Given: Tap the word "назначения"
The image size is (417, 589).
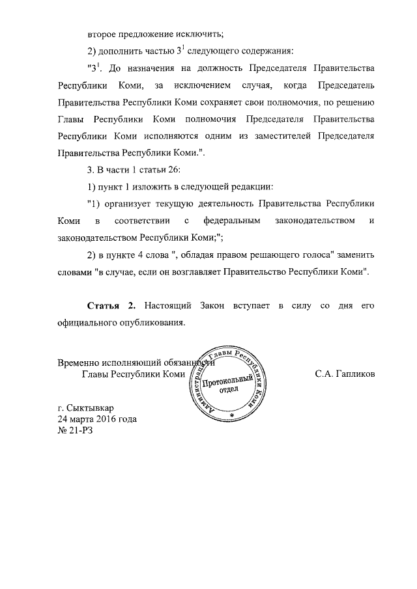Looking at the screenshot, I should (156, 68).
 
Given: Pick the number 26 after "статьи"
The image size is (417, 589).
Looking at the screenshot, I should (164, 170).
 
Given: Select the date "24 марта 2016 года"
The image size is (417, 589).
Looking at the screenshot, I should (97, 419).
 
